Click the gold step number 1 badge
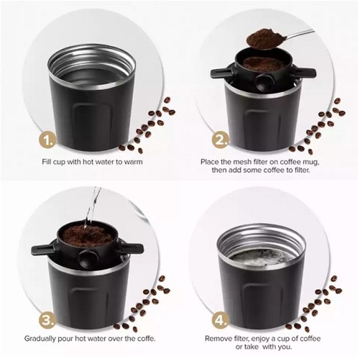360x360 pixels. pyautogui.click(x=48, y=140)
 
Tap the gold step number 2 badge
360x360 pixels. pyautogui.click(x=220, y=141)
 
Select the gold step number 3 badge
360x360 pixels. pyautogui.click(x=48, y=320)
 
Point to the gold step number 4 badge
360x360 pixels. pyautogui.click(x=220, y=320)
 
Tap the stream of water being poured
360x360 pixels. pyautogui.click(x=91, y=207)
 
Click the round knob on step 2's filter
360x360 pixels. pyautogui.click(x=261, y=82)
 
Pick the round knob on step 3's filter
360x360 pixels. pyautogui.click(x=85, y=258)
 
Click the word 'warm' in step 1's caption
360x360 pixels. pyautogui.click(x=133, y=162)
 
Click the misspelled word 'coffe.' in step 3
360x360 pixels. pyautogui.click(x=146, y=338)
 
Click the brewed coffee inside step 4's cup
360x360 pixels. pyautogui.click(x=262, y=258)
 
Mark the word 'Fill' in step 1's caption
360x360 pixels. pyautogui.click(x=47, y=162)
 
